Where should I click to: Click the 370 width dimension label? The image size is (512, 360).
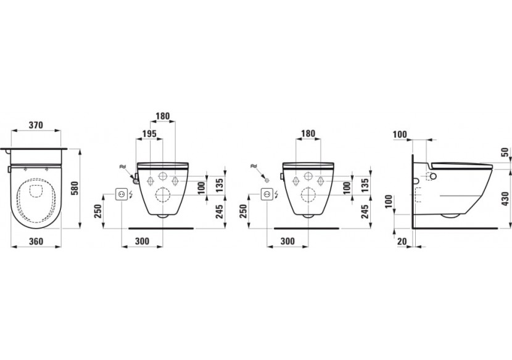(36, 125)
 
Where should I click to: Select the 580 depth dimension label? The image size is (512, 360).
(75, 189)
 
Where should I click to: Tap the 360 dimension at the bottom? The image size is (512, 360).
(36, 241)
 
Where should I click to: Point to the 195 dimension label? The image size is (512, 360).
(149, 134)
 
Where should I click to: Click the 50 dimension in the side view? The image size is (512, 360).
(505, 152)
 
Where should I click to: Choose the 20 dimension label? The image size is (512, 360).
(402, 241)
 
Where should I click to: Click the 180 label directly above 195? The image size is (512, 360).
(163, 116)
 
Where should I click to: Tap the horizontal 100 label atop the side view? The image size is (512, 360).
(400, 134)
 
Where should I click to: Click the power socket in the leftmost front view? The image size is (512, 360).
(122, 195)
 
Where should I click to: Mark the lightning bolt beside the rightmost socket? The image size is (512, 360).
(276, 195)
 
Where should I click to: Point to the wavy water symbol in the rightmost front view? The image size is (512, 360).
(254, 166)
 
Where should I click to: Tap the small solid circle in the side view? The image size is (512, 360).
(433, 176)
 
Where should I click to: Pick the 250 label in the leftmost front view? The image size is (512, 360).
(100, 211)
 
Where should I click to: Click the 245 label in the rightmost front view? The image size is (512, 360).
(365, 211)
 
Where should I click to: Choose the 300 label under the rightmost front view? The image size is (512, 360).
(287, 241)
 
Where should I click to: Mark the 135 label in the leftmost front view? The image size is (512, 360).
(220, 185)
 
